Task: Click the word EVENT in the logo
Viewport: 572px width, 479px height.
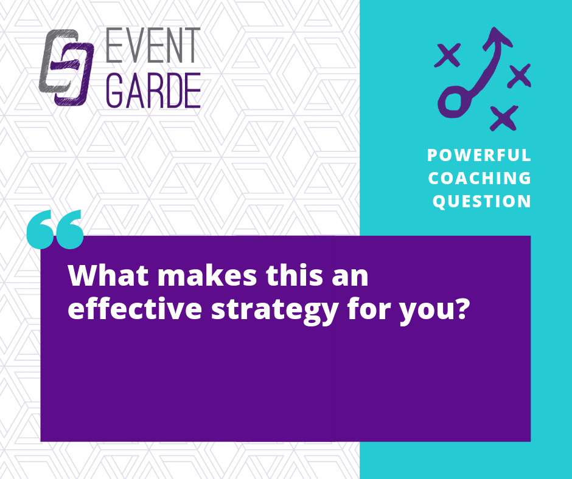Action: (153, 45)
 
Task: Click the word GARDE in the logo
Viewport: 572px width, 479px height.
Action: (153, 90)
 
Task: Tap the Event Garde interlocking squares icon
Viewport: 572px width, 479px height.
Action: (66, 67)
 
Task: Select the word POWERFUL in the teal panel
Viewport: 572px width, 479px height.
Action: (479, 155)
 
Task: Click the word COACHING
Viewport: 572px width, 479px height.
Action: (480, 178)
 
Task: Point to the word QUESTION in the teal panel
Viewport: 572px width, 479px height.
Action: (481, 202)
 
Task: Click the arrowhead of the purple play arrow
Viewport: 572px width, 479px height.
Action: (497, 38)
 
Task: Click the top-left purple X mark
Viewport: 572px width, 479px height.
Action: (448, 55)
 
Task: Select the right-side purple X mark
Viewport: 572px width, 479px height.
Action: (519, 75)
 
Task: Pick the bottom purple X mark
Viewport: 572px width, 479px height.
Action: (504, 118)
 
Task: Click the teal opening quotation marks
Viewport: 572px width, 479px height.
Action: (55, 230)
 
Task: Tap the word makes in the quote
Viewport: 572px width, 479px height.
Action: (208, 275)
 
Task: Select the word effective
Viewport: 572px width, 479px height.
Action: (135, 308)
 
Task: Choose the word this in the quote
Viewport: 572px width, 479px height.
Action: (295, 275)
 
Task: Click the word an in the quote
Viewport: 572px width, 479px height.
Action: (351, 279)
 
